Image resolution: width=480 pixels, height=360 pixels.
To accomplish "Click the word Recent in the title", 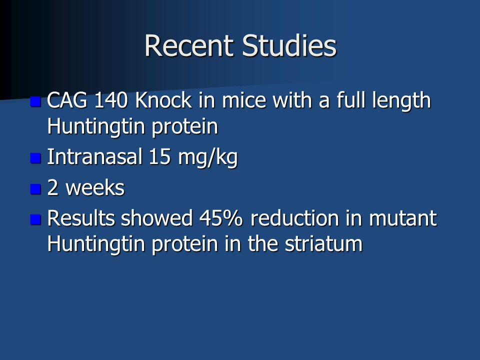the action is click(x=188, y=45).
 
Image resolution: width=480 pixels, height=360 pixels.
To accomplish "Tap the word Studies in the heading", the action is click(x=289, y=45).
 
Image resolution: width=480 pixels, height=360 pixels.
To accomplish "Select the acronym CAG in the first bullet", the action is click(x=67, y=100).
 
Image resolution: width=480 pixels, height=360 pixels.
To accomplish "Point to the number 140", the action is click(x=111, y=100).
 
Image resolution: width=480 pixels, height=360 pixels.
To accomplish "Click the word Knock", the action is click(x=163, y=100).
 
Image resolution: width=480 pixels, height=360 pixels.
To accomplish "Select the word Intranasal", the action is click(x=94, y=156).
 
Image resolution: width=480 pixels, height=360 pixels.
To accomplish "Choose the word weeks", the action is click(x=95, y=187).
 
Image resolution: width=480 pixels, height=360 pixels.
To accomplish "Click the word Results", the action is click(x=80, y=218).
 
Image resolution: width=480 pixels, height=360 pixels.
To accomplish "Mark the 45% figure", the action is click(x=220, y=218).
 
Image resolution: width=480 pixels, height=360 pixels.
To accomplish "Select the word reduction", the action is click(x=294, y=218).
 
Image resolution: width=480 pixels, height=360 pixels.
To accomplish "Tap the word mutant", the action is click(x=403, y=218).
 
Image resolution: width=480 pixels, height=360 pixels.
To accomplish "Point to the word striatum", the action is click(x=323, y=244).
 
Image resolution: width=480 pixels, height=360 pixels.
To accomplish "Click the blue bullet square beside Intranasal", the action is click(x=35, y=158).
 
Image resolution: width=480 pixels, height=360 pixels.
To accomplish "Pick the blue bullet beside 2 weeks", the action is click(x=35, y=189).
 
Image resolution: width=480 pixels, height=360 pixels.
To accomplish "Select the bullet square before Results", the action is click(x=35, y=219).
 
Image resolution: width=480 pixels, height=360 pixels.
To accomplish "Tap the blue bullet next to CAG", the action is click(x=35, y=101).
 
